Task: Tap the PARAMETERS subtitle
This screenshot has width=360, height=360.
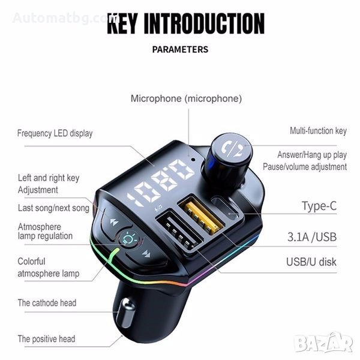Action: point(180,49)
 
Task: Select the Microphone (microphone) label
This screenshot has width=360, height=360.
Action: point(186,98)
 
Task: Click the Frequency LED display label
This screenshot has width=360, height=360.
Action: point(55,133)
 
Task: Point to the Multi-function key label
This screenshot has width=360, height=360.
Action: point(318,130)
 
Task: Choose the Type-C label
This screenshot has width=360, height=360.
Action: point(319,206)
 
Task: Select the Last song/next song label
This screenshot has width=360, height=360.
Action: point(53,208)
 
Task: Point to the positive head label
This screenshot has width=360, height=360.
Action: point(46,339)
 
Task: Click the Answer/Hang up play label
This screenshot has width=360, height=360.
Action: point(312,155)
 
